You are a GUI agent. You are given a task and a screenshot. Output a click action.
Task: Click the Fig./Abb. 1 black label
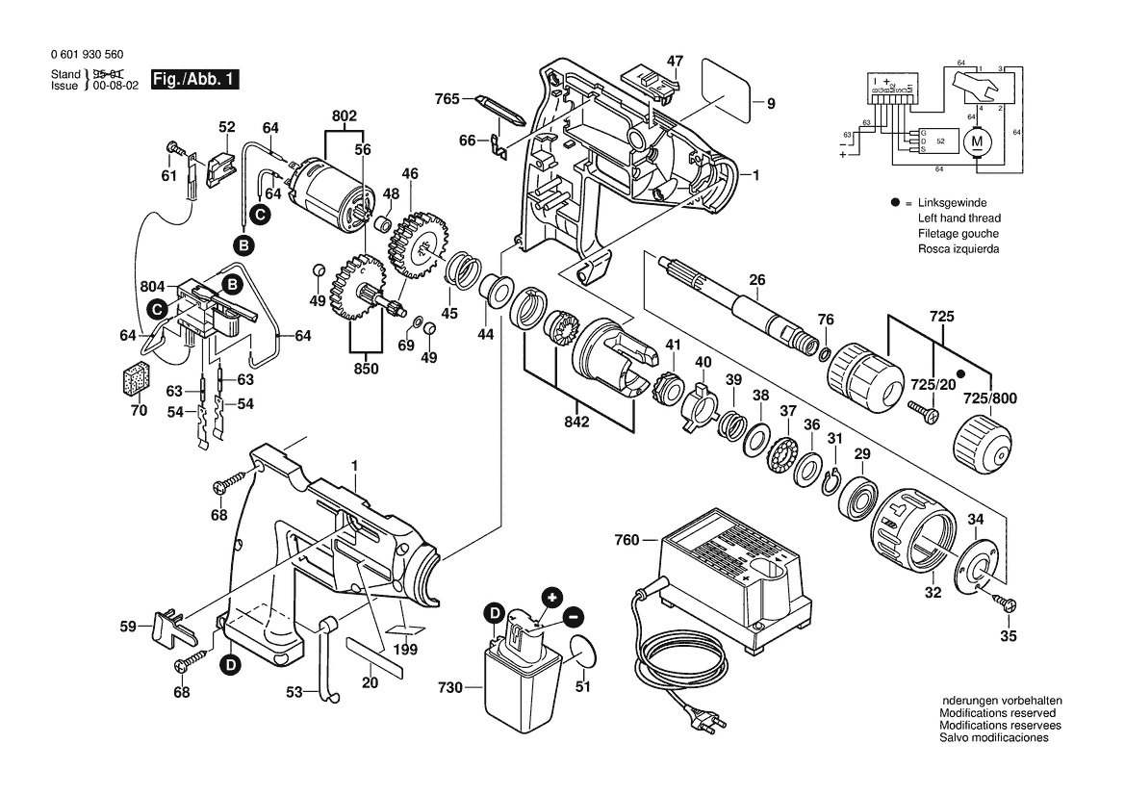193,79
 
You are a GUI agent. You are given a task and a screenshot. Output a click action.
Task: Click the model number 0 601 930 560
84,56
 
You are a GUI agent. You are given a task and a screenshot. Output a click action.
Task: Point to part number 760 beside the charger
626,541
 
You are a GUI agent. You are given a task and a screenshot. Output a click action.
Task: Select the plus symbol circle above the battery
550,597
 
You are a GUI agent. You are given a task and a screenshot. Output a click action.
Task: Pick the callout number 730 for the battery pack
449,687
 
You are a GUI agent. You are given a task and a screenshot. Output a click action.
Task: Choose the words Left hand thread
959,218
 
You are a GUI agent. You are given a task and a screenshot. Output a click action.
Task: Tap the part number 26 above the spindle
757,280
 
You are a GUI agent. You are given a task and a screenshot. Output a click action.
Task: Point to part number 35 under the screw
1007,635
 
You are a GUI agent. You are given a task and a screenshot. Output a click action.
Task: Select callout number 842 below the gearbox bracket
577,421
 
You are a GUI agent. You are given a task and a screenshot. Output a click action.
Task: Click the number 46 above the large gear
410,174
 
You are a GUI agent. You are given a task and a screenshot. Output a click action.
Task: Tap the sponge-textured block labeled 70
137,378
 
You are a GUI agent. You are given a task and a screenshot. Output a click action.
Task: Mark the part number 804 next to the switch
153,286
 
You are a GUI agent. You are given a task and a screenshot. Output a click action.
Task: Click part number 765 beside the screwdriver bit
447,98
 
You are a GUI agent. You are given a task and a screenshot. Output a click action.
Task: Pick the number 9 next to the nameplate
770,102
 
